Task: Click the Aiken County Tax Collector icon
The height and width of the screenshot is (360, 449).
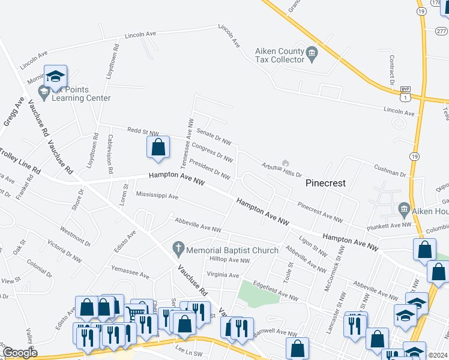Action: click(312, 55)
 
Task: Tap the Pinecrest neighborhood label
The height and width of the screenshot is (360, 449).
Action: click(326, 183)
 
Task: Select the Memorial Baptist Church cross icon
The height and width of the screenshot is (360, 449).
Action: click(178, 247)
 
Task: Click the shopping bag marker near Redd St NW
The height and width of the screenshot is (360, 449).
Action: click(157, 148)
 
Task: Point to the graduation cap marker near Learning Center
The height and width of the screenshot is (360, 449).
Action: click(55, 76)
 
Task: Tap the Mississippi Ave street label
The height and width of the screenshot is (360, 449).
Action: click(157, 196)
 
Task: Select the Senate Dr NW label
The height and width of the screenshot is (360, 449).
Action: click(214, 137)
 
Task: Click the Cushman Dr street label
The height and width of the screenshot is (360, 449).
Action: click(390, 171)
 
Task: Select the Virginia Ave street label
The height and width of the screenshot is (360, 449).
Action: click(223, 275)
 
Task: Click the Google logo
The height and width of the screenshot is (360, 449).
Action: click(20, 352)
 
